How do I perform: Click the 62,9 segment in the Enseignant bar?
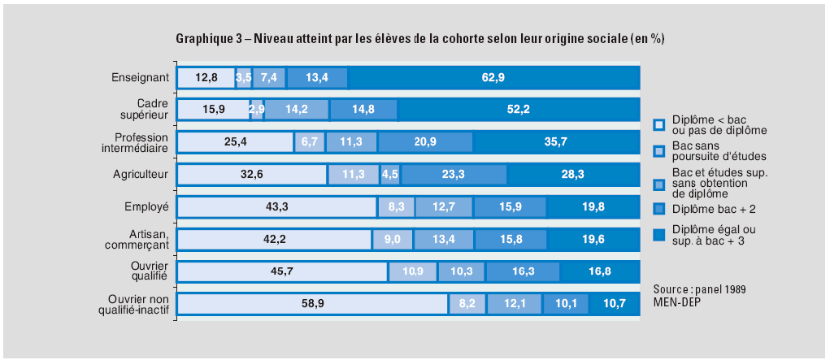(493, 78)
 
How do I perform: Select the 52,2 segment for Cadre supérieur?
(519, 110)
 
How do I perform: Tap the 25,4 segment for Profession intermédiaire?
(235, 142)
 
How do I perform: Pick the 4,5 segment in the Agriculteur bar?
(390, 174)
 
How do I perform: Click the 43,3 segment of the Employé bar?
(276, 206)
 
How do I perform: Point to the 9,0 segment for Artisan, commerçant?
(393, 239)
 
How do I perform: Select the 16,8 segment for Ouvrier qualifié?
(600, 271)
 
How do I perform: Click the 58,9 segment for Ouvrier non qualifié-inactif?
(311, 303)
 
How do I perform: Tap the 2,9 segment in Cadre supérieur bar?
(257, 110)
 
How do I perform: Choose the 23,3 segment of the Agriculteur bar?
(454, 174)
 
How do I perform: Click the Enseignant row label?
(140, 78)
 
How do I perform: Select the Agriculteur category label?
(140, 174)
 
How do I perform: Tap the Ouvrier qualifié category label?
(149, 270)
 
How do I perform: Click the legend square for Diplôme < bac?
(659, 125)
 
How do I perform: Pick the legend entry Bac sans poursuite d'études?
(706, 150)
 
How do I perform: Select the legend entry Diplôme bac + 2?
(708, 210)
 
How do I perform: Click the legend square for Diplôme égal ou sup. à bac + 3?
(659, 236)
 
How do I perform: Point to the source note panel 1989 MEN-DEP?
(699, 295)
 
